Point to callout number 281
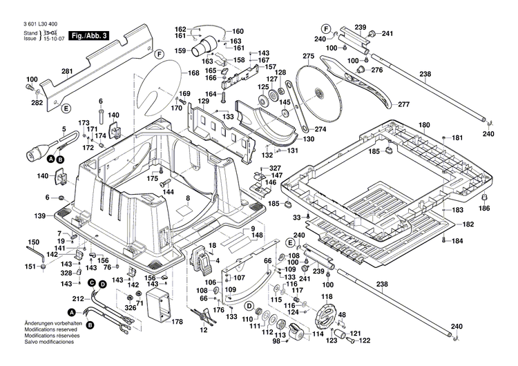[x=67, y=71]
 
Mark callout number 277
[x=404, y=104]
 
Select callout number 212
[x=79, y=298]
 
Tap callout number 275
[x=308, y=56]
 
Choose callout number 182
[x=468, y=225]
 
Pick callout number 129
[x=203, y=102]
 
